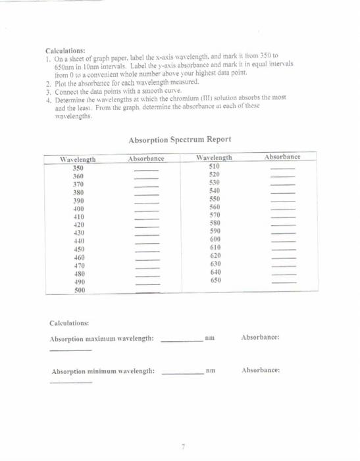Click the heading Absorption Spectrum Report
point(179,140)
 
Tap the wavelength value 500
point(79,289)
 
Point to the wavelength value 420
point(78,225)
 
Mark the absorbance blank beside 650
point(284,282)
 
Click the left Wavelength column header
point(78,159)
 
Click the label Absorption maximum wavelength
point(102,339)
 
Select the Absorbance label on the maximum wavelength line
point(261,338)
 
